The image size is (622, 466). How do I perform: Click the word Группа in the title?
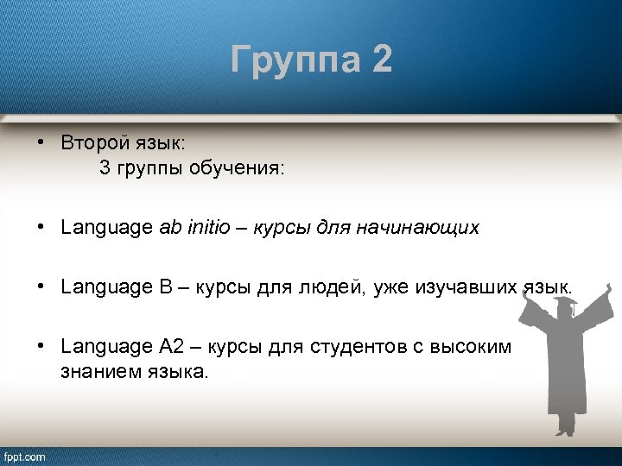click(295, 61)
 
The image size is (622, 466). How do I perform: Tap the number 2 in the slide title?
click(382, 61)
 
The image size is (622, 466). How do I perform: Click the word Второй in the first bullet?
click(91, 142)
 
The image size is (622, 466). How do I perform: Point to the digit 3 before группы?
click(105, 168)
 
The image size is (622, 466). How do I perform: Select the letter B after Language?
click(165, 287)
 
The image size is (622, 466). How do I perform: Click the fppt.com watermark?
click(25, 457)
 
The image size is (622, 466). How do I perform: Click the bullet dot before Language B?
click(41, 286)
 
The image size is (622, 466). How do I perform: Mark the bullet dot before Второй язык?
click(41, 141)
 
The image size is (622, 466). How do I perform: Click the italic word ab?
click(169, 228)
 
